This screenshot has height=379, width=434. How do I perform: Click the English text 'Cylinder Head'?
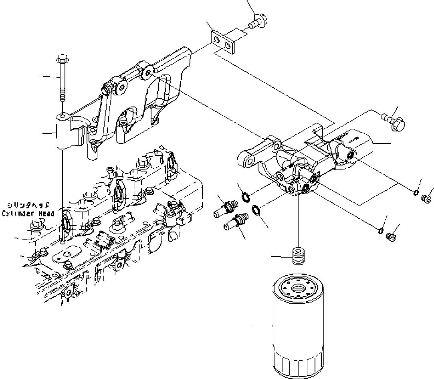pos(28,214)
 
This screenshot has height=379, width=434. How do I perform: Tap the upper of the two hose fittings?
pos(226,208)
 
